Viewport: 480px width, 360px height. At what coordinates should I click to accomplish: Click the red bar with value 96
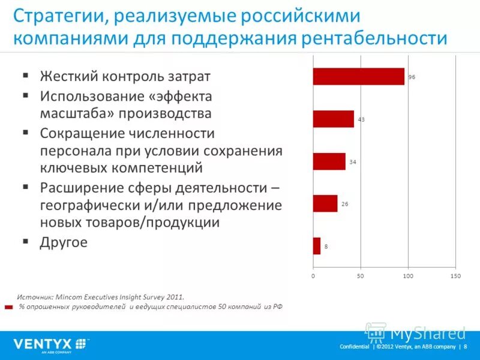coord(358,76)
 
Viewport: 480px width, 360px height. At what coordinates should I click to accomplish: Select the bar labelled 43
coord(333,119)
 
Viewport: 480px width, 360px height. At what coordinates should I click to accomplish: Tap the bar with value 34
coord(329,161)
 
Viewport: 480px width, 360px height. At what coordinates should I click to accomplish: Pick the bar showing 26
coord(325,203)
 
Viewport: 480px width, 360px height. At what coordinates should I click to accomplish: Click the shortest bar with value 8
coord(317,246)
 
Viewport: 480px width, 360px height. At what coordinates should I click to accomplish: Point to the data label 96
coord(412,77)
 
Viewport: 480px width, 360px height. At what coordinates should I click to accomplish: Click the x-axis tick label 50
coord(360,276)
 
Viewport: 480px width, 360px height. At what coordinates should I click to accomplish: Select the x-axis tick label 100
coord(407,276)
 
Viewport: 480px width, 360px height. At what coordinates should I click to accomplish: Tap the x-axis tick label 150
coord(455,276)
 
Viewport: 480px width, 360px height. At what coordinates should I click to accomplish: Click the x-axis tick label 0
coord(313,276)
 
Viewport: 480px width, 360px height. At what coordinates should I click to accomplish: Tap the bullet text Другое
coord(64,242)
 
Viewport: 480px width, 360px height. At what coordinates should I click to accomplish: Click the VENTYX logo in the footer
coord(50,344)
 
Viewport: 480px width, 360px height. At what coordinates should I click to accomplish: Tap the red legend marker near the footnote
coord(8,307)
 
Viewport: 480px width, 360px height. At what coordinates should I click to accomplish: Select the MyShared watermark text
coord(428,333)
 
